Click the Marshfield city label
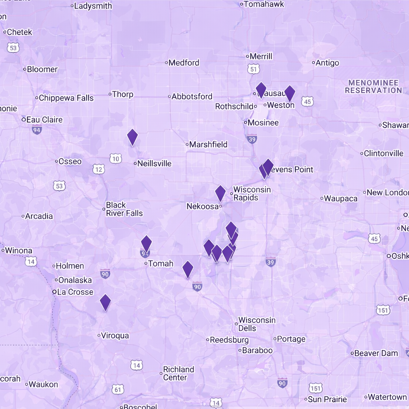[x=208, y=145]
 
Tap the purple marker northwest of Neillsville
[x=132, y=137]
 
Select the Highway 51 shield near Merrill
[x=253, y=69]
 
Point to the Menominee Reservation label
[x=373, y=87]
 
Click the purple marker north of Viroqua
[x=105, y=302]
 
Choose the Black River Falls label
[x=124, y=209]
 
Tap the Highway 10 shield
[x=115, y=159]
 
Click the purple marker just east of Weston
[x=290, y=93]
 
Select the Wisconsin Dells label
[x=257, y=324]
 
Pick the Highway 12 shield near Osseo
[x=99, y=169]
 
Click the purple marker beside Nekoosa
[x=220, y=193]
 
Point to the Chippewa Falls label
[x=66, y=98]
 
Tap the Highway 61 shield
[x=117, y=389]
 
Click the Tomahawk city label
[x=264, y=4]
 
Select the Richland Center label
[x=178, y=373]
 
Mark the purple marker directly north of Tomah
[x=147, y=243]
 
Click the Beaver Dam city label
[x=376, y=353]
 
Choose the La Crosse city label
[x=75, y=292]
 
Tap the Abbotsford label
[x=192, y=97]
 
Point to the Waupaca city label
[x=341, y=199]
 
